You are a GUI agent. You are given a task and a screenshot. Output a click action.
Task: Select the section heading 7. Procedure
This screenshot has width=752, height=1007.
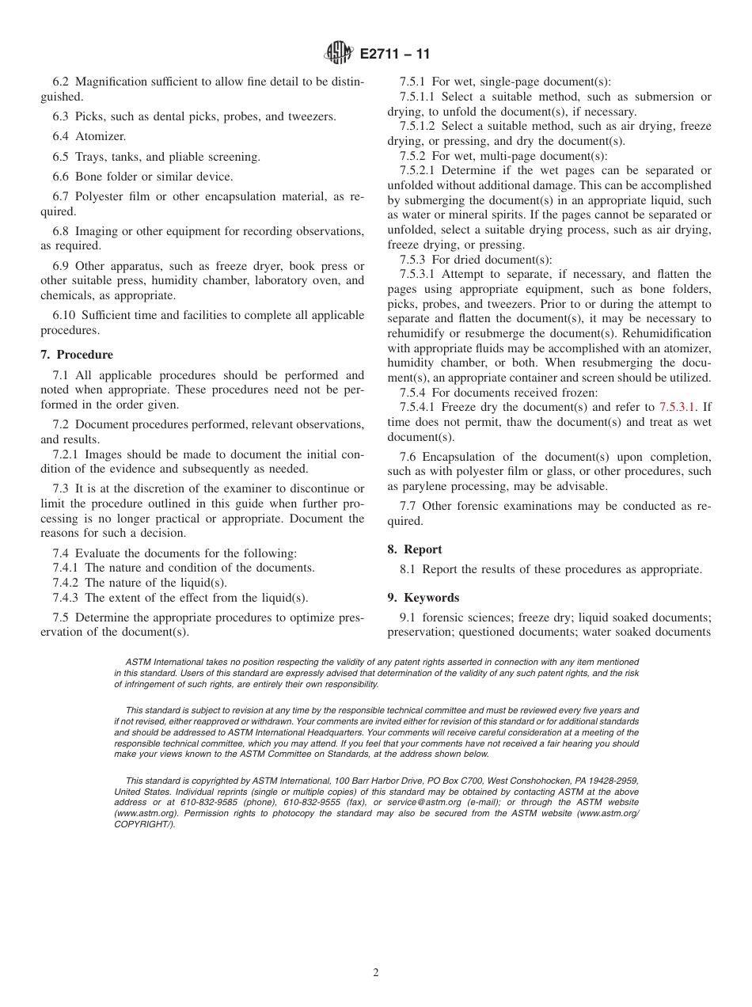click(x=77, y=355)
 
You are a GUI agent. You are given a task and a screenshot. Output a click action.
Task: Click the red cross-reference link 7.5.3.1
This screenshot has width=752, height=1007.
click(x=678, y=407)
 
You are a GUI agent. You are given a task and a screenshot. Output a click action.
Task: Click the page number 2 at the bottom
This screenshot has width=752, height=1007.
click(x=376, y=973)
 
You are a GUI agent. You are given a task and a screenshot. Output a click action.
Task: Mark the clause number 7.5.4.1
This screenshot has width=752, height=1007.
click(x=419, y=407)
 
